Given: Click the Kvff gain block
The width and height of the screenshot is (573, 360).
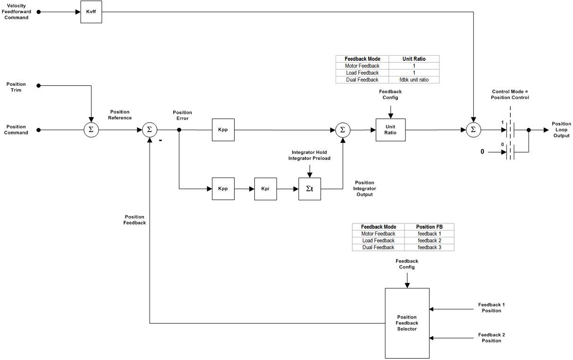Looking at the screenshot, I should click(91, 12).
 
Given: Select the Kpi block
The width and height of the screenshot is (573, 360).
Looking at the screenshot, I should click(265, 189).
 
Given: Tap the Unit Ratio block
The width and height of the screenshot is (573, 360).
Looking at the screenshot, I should click(390, 130).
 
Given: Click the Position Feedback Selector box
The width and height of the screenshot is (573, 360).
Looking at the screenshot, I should click(407, 323).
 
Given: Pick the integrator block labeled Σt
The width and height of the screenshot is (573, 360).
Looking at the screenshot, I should click(310, 189).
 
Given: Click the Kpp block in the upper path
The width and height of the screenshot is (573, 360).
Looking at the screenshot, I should click(223, 130).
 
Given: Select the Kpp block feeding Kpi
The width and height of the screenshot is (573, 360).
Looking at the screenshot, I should click(223, 189).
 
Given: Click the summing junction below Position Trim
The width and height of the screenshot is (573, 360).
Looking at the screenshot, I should click(91, 130).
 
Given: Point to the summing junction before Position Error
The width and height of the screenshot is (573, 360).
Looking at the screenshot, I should click(150, 130).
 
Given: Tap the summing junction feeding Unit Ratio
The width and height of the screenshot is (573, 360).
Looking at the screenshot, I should click(343, 130).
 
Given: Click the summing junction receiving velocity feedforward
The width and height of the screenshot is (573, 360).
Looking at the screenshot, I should click(473, 130).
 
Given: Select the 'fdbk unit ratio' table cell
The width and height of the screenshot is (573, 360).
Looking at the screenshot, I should click(413, 80).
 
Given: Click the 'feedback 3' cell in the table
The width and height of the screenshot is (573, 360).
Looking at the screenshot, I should click(429, 247).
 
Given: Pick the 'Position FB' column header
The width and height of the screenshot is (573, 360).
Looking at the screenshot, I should click(429, 227).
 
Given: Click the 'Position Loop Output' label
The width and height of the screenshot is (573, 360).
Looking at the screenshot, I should click(561, 130).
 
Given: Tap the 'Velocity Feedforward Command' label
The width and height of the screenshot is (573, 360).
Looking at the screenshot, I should click(17, 12).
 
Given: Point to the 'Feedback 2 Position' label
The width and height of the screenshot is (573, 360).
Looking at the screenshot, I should click(491, 338).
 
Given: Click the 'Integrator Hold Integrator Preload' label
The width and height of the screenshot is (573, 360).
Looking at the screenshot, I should click(309, 155).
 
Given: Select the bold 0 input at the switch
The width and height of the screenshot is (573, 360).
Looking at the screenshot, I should click(482, 152).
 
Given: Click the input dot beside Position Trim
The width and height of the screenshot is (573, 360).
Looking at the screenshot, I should click(39, 86).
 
